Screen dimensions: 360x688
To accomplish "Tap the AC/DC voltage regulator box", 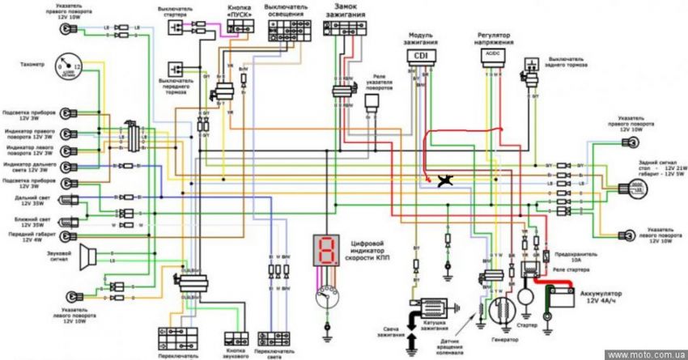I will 491,55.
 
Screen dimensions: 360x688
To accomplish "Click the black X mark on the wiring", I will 444,181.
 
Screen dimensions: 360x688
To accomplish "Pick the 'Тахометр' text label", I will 27,63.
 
